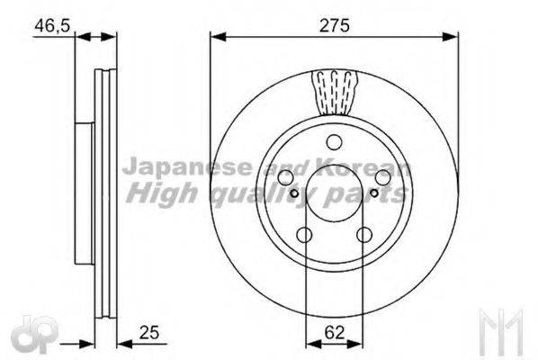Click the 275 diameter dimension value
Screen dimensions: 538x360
(x=334, y=25)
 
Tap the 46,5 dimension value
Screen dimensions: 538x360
(x=52, y=26)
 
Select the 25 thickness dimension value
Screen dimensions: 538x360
(x=149, y=332)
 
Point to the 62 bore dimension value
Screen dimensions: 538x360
(x=334, y=332)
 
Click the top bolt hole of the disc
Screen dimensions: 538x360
(x=334, y=142)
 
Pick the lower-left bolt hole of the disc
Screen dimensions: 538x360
(x=304, y=235)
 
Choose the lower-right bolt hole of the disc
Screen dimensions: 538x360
(x=364, y=235)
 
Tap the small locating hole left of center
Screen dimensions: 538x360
(x=294, y=193)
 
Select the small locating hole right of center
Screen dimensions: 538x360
(x=374, y=193)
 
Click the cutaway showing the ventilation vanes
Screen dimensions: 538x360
(x=335, y=93)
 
